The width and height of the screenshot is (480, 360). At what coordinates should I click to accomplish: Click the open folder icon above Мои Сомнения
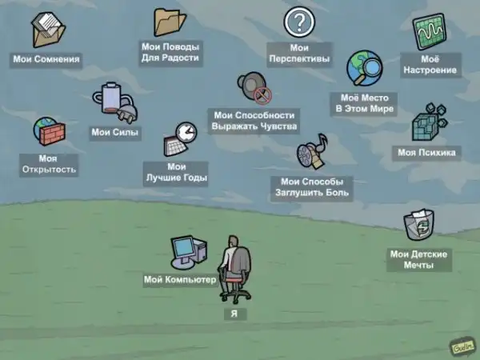click(x=47, y=30)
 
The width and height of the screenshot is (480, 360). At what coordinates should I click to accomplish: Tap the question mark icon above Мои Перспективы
click(x=299, y=22)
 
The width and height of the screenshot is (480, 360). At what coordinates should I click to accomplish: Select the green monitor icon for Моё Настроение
click(x=430, y=32)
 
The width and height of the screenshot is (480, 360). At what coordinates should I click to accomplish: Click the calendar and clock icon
click(x=180, y=140)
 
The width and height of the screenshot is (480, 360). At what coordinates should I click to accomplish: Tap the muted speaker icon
click(x=253, y=88)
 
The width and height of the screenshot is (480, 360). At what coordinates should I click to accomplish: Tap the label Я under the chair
click(x=234, y=314)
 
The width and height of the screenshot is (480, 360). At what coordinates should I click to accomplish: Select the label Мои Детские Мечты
click(x=418, y=259)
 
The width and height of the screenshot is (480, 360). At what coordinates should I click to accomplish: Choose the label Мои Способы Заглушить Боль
click(x=312, y=187)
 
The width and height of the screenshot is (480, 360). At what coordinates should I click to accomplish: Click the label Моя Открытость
click(x=47, y=164)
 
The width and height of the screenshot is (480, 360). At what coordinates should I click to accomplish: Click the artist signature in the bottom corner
click(x=461, y=347)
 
